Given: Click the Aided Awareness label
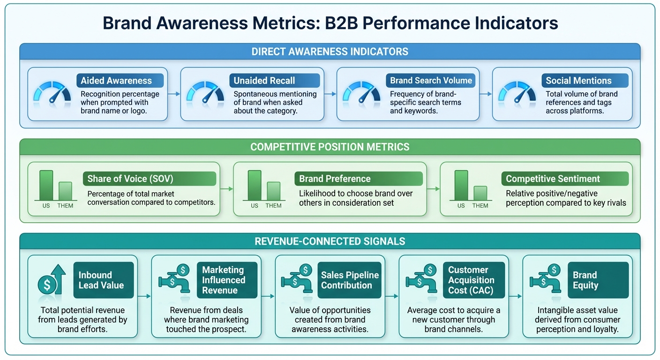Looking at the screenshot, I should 120,81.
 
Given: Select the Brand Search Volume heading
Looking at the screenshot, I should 431,81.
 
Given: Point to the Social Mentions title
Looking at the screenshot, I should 578,81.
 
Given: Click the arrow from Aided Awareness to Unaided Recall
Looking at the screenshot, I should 174,94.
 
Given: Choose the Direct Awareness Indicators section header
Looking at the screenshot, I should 330,52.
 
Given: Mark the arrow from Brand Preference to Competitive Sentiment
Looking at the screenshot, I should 434,189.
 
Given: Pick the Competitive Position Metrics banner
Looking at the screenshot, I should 330,147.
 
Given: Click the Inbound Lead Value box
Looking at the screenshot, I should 104,280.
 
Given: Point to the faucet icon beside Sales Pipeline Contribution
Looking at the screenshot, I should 296,280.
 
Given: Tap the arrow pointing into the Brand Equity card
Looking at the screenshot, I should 516,296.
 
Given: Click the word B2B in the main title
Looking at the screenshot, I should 344,23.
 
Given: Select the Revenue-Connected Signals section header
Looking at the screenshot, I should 330,241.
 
